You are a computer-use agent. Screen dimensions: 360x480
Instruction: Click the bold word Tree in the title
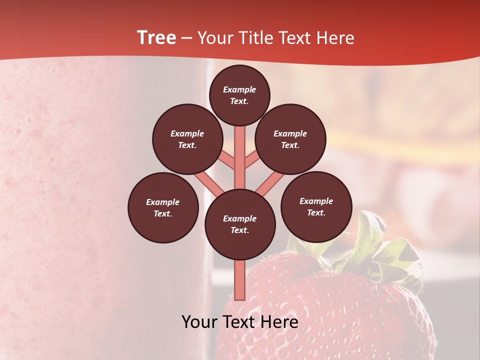[156, 37]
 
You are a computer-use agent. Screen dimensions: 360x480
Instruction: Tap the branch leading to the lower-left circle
[209, 184]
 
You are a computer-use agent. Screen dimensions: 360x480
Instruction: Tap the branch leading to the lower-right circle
[270, 184]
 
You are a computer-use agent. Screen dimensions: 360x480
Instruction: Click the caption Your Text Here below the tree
[239, 321]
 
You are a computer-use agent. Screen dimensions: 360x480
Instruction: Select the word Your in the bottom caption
[199, 321]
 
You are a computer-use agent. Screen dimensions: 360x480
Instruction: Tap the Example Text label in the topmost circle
[239, 95]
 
